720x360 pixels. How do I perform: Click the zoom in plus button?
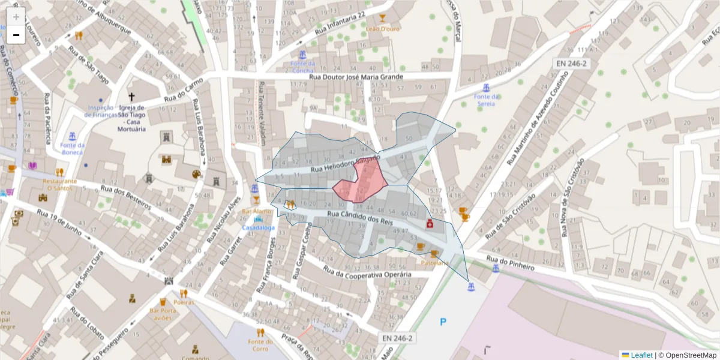16,16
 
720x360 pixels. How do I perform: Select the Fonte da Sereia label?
487,100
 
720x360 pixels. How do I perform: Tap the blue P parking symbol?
443,322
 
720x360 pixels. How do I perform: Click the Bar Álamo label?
256,212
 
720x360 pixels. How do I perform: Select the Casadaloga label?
259,228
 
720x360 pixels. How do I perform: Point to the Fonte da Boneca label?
73,149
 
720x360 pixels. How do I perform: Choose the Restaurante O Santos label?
59,184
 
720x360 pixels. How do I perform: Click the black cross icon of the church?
132,97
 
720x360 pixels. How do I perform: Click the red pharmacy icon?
430,224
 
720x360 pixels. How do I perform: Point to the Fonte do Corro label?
260,345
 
